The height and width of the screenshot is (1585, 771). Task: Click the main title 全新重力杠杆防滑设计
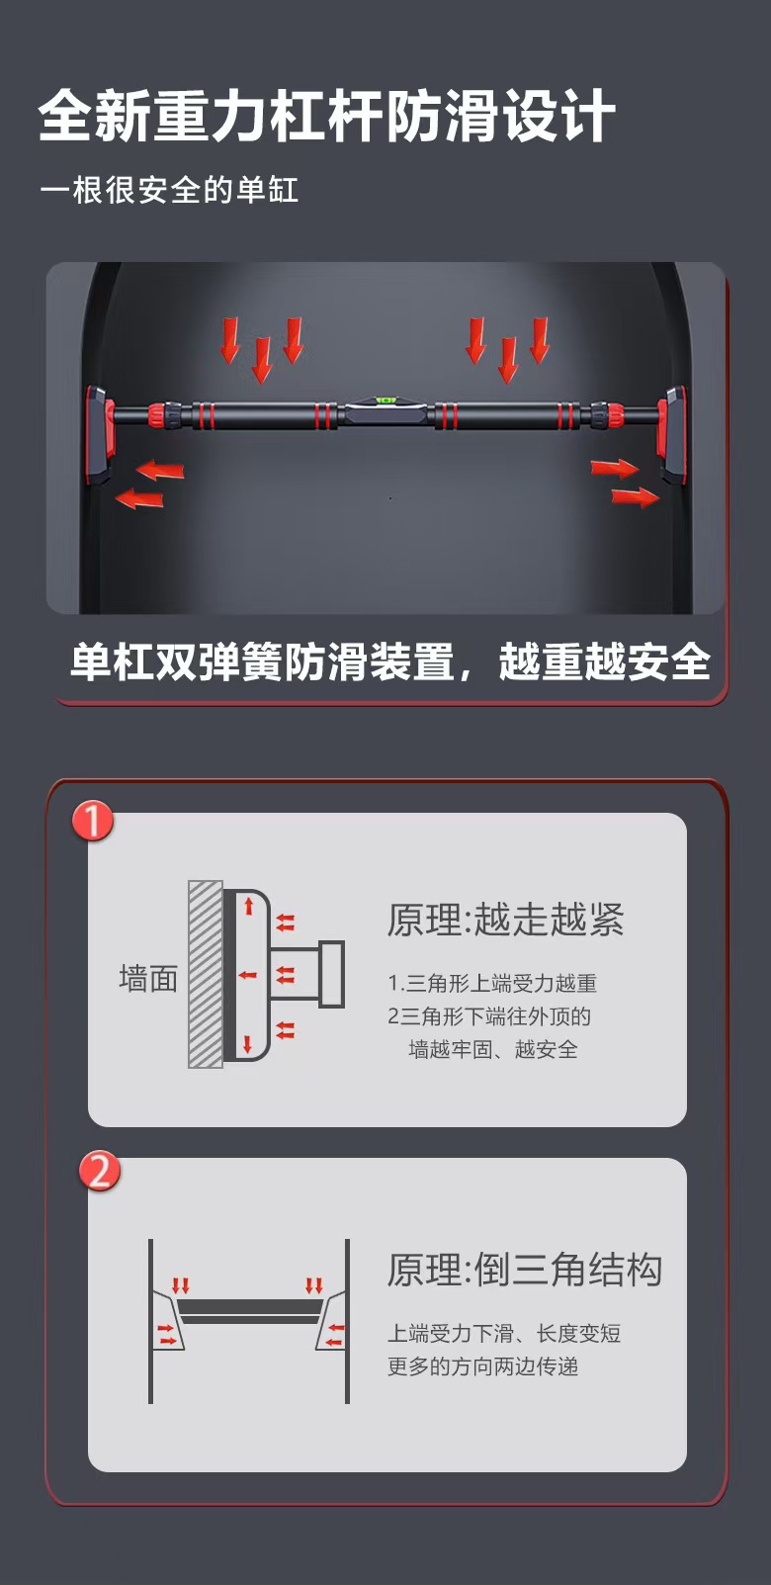pos(326,117)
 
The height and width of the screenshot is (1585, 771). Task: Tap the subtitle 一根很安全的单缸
pos(169,190)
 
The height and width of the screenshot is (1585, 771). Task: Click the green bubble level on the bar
pos(385,401)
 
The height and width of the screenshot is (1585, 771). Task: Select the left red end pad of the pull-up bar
pos(98,435)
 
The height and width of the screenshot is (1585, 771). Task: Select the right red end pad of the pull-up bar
pos(673,435)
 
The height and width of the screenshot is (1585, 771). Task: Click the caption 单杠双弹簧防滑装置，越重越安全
pos(390,661)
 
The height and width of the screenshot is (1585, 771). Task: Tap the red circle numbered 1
pos(93,821)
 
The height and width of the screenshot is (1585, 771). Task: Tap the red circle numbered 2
pos(100,1172)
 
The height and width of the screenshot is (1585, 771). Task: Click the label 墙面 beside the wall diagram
pos(148,979)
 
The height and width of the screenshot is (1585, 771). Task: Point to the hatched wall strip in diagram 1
pos(206,974)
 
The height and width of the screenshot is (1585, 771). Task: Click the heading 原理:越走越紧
pos(505,920)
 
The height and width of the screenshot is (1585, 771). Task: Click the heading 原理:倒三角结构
pos(524,1270)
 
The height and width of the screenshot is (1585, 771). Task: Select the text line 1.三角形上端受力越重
pos(492,983)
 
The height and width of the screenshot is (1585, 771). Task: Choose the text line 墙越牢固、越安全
pos(492,1049)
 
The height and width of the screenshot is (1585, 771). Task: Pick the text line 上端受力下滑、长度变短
pos(503,1333)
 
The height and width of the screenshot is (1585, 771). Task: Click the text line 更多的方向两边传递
pos(482,1366)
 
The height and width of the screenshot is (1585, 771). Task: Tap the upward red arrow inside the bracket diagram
pos(249,905)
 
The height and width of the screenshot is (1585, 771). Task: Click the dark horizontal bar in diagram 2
pos(249,1311)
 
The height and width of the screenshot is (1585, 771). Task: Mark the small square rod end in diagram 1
pos(332,974)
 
